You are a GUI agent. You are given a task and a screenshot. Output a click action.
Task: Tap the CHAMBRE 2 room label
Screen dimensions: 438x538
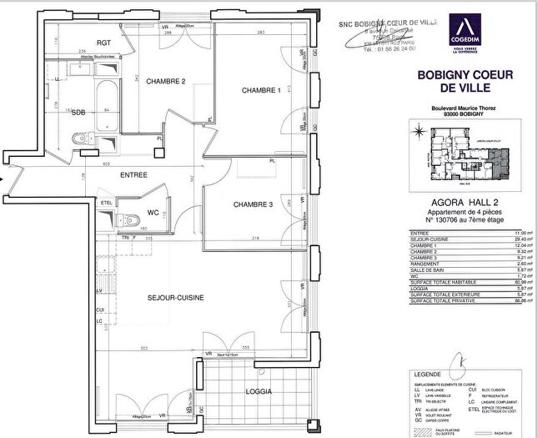pos(165,82)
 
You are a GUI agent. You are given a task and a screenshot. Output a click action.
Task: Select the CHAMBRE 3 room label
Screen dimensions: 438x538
pos(253,204)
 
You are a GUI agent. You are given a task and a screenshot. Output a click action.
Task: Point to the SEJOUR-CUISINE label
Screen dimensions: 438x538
pos(176,297)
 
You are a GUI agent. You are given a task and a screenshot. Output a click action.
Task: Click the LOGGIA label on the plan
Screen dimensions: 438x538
pos(258,390)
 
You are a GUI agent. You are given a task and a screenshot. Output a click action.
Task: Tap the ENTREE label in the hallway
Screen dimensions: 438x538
pos(133,175)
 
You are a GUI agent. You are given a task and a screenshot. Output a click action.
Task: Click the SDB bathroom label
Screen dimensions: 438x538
pos(78,112)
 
